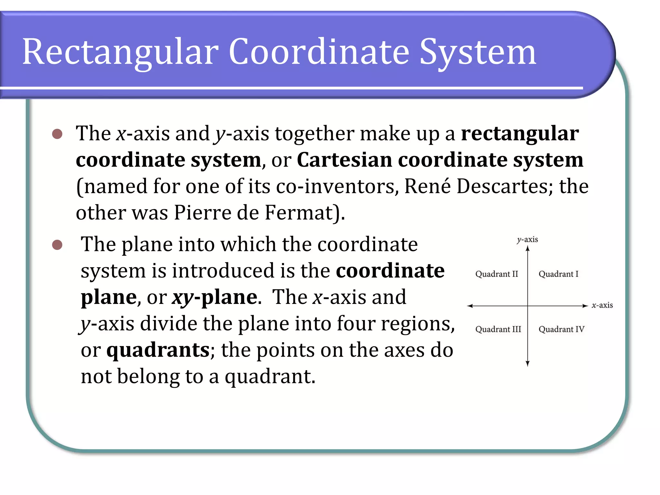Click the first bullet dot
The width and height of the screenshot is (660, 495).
tap(57, 134)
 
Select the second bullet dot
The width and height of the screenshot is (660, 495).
tap(57, 245)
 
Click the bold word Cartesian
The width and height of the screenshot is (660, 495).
tap(344, 160)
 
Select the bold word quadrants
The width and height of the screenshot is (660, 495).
tap(158, 350)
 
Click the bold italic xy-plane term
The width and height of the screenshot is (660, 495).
tap(215, 297)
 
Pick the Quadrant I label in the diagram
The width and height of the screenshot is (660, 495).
tap(558, 274)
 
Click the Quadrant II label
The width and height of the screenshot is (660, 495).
tap(497, 274)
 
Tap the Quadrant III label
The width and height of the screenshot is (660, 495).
tap(498, 329)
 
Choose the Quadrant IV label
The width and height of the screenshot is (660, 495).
tap(561, 329)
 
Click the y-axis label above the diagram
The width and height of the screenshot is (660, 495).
tap(528, 239)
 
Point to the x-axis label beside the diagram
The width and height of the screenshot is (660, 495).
tap(602, 305)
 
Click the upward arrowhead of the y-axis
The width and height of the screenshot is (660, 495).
tap(528, 248)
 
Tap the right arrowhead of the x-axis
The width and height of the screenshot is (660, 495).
tap(585, 306)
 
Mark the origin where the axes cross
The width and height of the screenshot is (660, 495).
tap(528, 306)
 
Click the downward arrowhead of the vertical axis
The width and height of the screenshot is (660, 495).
tap(528, 364)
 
